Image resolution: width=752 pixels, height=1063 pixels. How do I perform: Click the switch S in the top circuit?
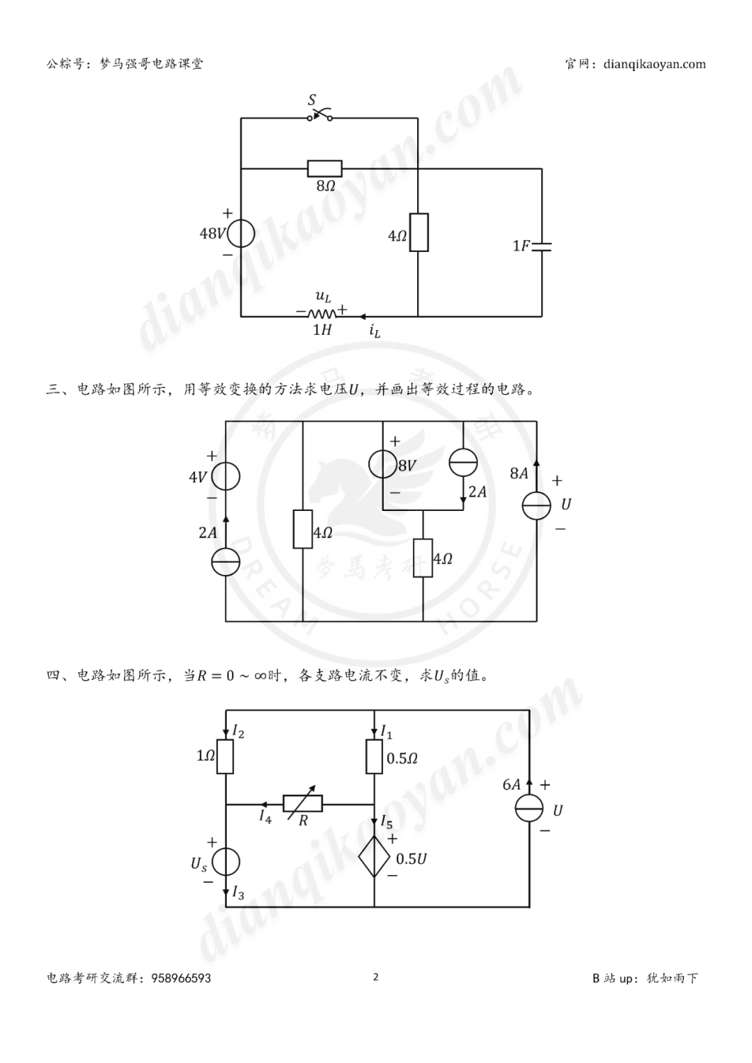click(x=320, y=116)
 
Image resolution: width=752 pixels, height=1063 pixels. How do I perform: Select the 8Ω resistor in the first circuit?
click(x=324, y=168)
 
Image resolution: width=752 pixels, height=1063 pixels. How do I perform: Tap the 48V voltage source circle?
click(x=241, y=233)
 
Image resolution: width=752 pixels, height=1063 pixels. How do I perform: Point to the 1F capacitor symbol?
click(x=541, y=246)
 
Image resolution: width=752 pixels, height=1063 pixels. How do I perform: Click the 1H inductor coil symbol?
click(x=322, y=314)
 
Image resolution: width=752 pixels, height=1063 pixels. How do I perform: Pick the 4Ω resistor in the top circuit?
click(x=418, y=233)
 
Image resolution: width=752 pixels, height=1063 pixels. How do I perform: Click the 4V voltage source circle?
click(x=226, y=477)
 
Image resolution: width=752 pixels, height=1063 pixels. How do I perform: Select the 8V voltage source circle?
click(x=383, y=464)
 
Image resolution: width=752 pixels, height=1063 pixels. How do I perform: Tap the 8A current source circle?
click(x=537, y=505)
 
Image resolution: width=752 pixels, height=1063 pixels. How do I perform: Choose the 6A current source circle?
click(x=529, y=810)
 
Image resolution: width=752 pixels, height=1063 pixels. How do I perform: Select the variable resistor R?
click(x=303, y=803)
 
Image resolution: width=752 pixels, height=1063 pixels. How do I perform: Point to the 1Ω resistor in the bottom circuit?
click(x=225, y=757)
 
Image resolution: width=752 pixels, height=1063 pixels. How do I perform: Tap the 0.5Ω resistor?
click(x=375, y=757)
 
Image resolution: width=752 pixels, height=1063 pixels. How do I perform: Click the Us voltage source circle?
click(x=226, y=863)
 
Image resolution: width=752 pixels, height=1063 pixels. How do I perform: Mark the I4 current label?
click(x=265, y=817)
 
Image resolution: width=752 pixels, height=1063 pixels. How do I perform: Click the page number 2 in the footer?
click(x=376, y=977)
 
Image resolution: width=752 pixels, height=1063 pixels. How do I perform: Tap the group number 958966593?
click(x=180, y=978)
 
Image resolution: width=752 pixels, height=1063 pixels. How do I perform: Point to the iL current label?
click(x=375, y=331)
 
